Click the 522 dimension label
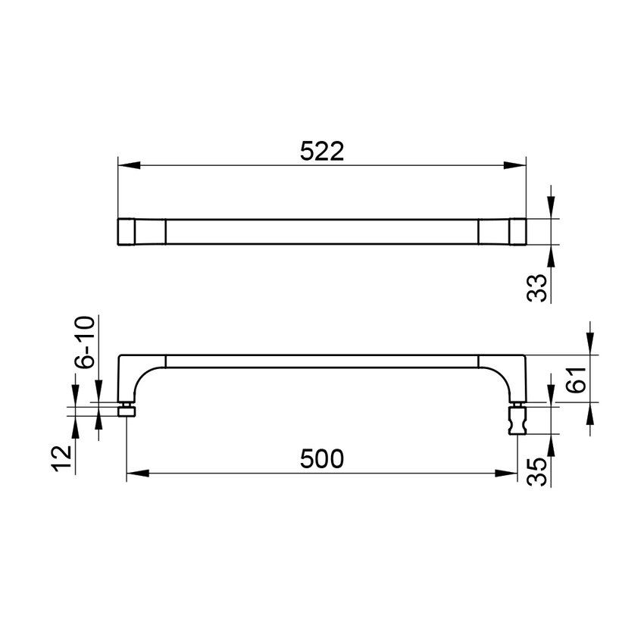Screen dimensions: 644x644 [x=321, y=152]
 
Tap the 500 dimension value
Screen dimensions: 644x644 [x=321, y=459]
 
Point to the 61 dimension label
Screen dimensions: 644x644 [x=576, y=379]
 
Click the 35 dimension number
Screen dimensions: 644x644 [x=537, y=472]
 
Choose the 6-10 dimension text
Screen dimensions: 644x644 [x=85, y=342]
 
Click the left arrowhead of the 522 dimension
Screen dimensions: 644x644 [x=129, y=165]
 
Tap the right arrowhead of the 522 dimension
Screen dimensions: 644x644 [x=515, y=165]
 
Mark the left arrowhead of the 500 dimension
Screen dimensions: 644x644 [x=138, y=473]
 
